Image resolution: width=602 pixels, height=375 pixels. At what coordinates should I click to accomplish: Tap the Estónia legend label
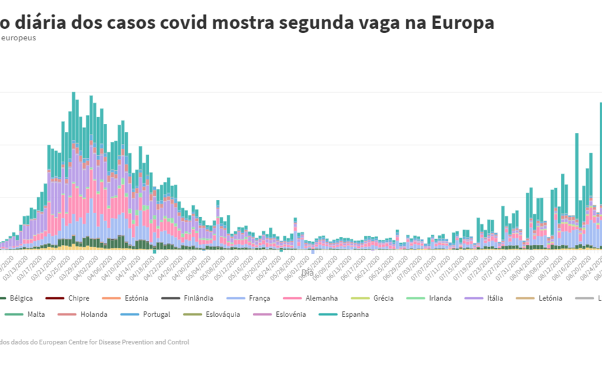click(135, 298)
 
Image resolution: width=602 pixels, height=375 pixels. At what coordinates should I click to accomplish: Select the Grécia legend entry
click(383, 298)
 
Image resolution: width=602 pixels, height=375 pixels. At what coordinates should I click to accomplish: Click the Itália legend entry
click(494, 298)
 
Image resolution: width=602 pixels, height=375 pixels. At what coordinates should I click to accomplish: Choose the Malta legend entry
click(35, 314)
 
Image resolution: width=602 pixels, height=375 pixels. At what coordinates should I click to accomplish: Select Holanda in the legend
click(93, 314)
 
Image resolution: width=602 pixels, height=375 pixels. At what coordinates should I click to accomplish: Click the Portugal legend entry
click(156, 314)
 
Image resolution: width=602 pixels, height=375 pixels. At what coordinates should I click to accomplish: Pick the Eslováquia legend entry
click(221, 314)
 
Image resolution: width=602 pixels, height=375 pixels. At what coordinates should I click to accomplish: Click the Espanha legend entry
click(355, 314)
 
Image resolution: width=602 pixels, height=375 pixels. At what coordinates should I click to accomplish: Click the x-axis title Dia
click(307, 273)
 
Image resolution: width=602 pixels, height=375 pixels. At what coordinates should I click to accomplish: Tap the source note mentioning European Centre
click(94, 342)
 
